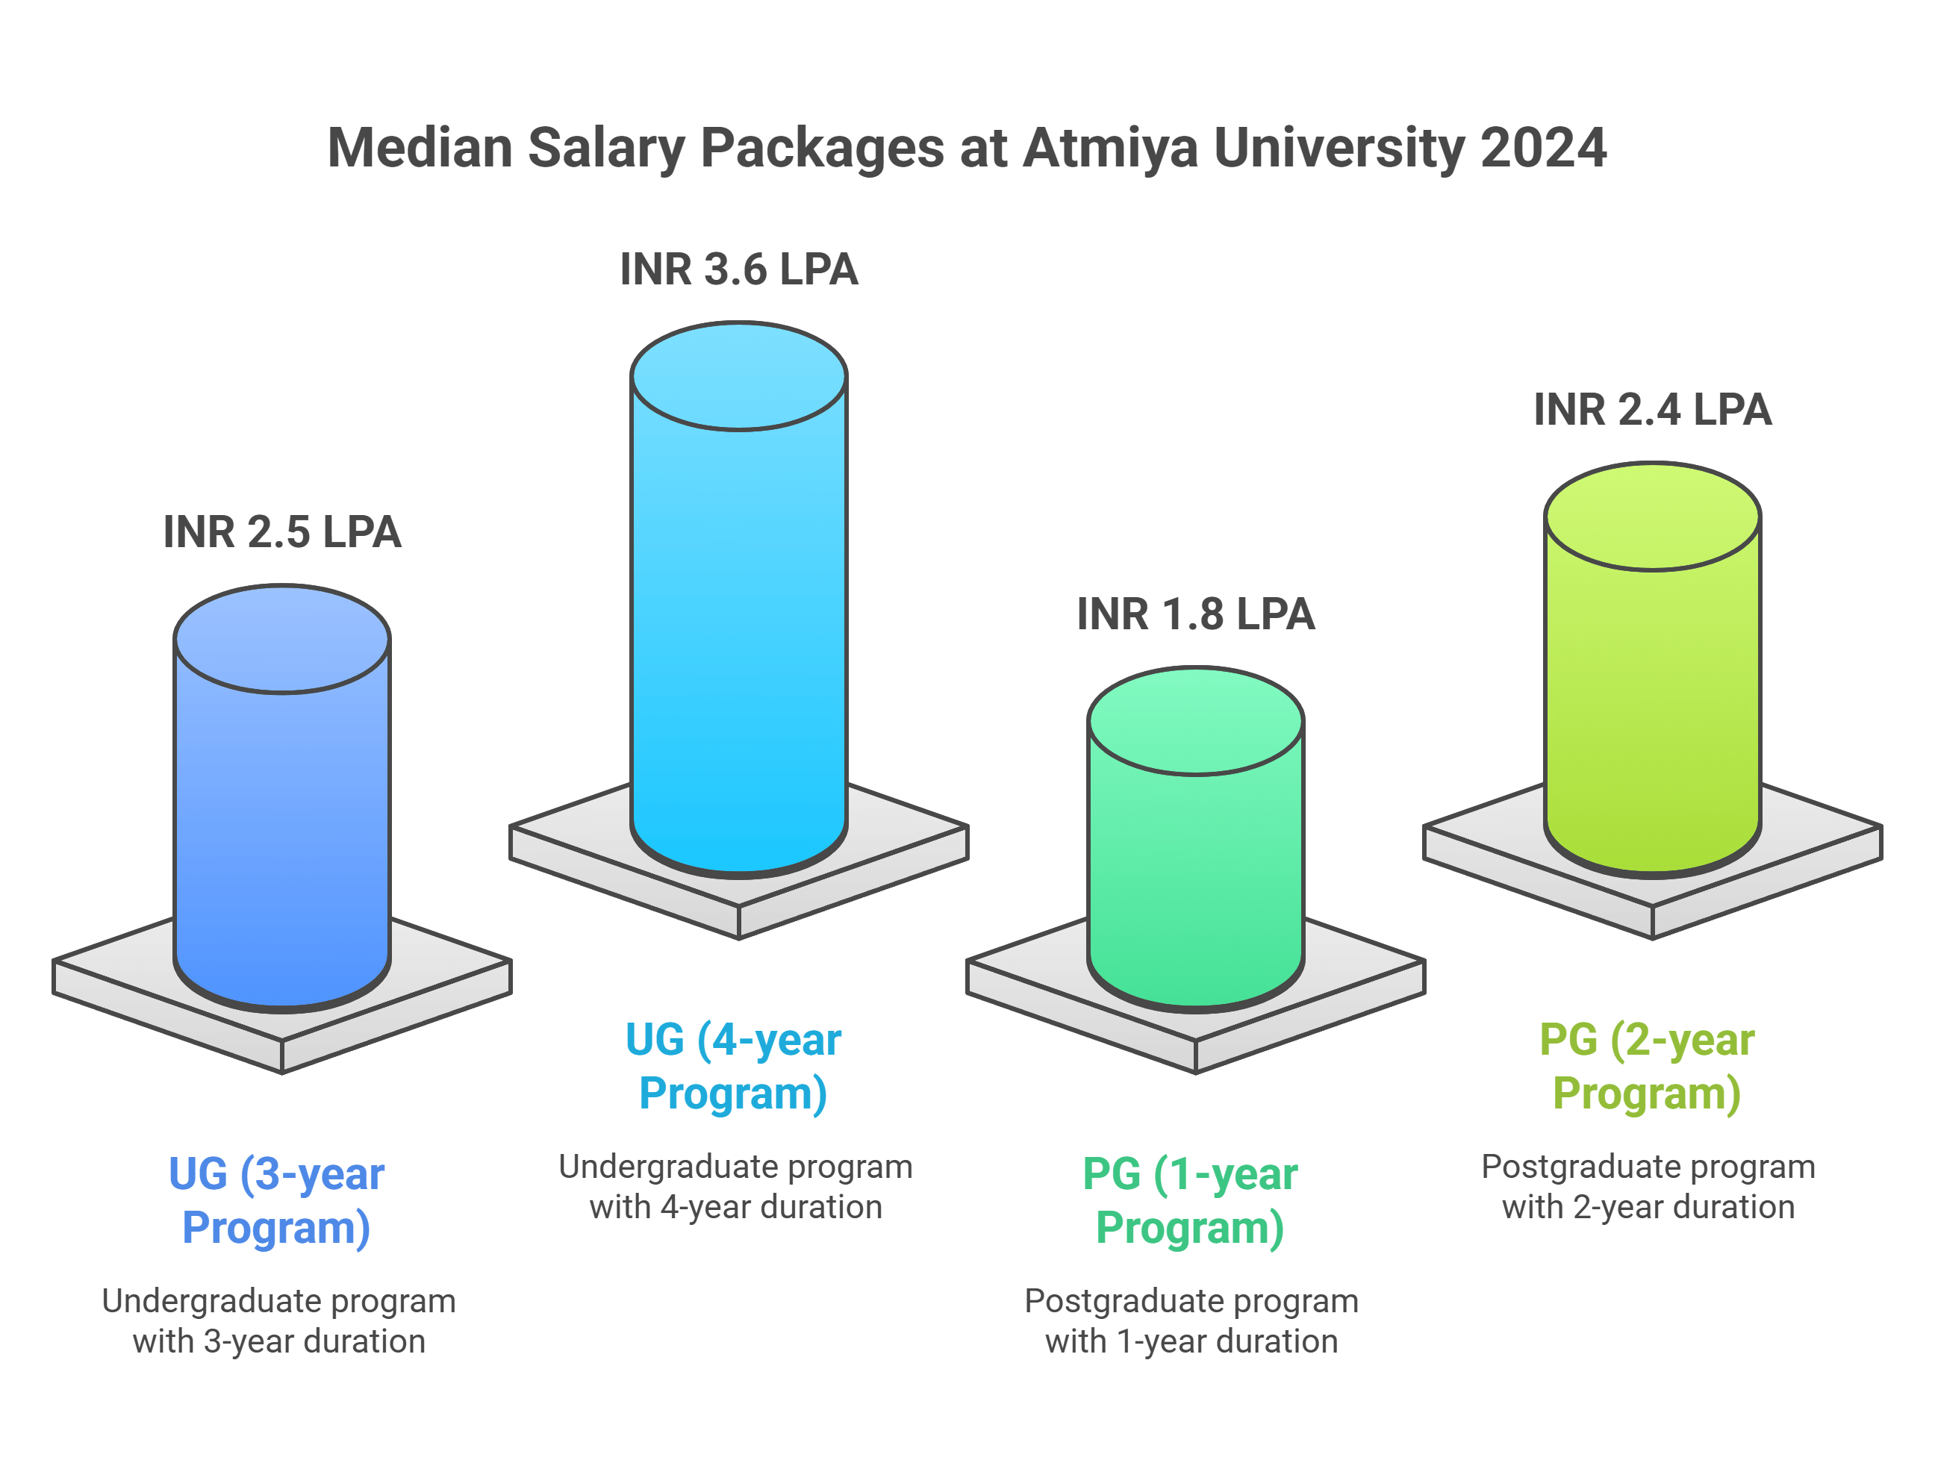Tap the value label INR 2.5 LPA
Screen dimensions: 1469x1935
click(x=281, y=532)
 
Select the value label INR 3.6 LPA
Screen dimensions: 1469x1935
click(x=738, y=269)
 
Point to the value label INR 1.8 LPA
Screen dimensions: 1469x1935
click(x=1195, y=614)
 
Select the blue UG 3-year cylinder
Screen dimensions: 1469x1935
click(x=281, y=832)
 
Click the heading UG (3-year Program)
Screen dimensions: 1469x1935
click(x=276, y=1200)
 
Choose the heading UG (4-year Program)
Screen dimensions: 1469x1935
click(x=733, y=1067)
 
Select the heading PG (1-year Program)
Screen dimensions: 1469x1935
click(x=1190, y=1200)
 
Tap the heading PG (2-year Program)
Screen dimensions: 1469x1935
click(x=1646, y=1067)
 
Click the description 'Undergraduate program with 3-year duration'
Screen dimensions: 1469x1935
click(x=278, y=1321)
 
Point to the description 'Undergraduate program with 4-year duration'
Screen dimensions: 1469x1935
click(x=735, y=1188)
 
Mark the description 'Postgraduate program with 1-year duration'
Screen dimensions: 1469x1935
click(x=1191, y=1321)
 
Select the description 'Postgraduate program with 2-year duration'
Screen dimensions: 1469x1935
click(x=1648, y=1188)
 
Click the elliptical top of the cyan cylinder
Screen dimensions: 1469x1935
click(x=738, y=376)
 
